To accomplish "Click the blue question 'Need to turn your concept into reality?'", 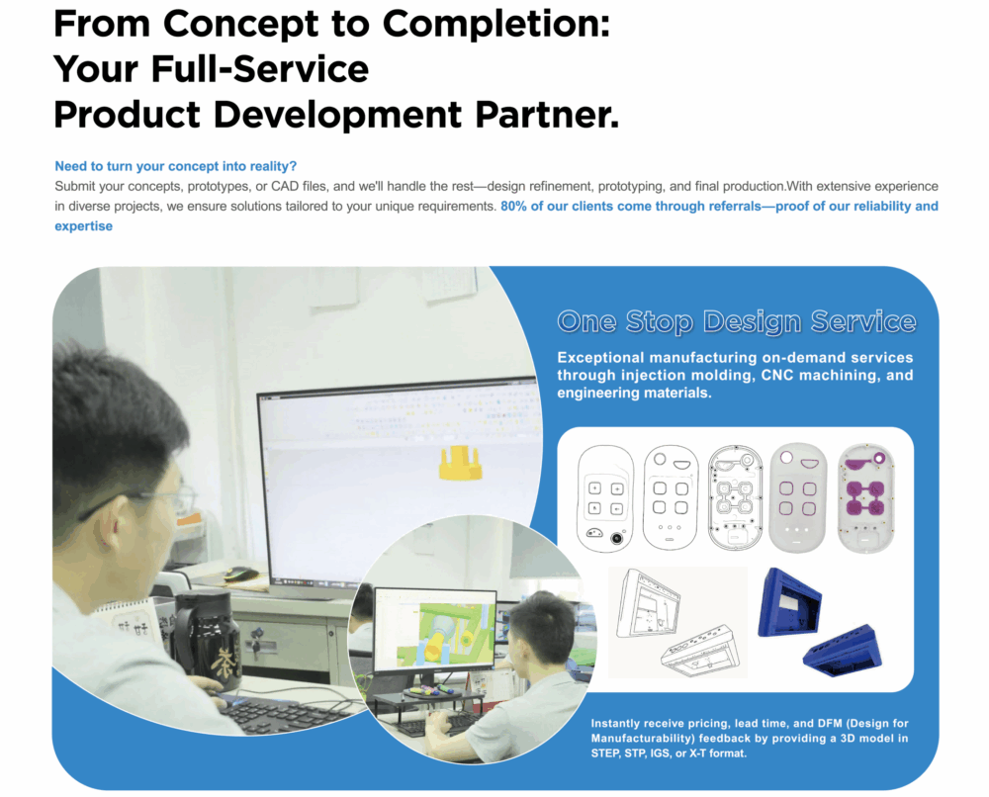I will pos(175,166).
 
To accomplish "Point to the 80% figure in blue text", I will pos(514,207).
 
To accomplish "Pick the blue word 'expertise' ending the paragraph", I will pos(83,226).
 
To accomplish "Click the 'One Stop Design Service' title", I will pos(736,321).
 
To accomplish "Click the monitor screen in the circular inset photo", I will pos(434,627).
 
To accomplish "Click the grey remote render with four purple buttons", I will pos(797,496).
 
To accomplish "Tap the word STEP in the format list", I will pos(606,753).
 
